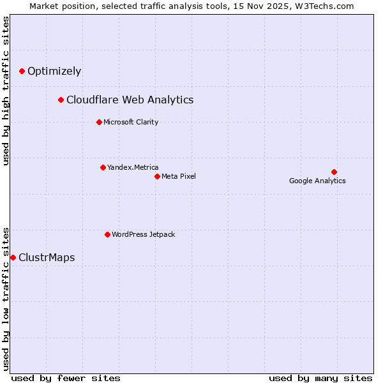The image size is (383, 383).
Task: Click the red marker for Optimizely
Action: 22,71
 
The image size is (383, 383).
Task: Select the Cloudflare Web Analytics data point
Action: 61,100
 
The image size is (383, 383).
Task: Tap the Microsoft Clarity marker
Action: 99,122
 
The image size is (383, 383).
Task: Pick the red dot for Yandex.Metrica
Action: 103,167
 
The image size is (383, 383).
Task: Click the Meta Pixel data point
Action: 157,176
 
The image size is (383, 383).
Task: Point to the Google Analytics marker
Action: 334,172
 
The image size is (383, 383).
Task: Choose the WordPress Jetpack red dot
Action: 107,234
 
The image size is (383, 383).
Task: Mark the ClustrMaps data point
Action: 13,257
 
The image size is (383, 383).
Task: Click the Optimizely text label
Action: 54,71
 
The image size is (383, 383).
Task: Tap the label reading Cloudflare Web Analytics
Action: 130,100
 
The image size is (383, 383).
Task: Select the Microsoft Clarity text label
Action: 131,123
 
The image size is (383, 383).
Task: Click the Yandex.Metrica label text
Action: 133,168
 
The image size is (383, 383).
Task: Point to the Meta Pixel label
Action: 179,177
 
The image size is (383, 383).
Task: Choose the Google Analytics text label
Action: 317,181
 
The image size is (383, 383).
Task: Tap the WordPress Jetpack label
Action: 143,235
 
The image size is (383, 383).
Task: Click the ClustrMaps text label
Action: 47,258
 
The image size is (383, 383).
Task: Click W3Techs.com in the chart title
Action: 327,6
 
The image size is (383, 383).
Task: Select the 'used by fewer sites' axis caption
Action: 66,378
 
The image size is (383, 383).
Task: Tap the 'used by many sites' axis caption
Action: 320,378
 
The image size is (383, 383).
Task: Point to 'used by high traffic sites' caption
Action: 6,91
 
